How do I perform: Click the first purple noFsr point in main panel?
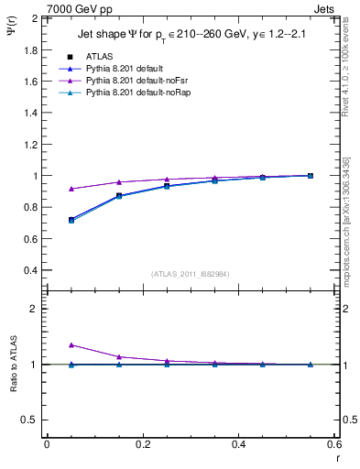[x=71, y=189]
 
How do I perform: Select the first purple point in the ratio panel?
[x=71, y=344]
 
